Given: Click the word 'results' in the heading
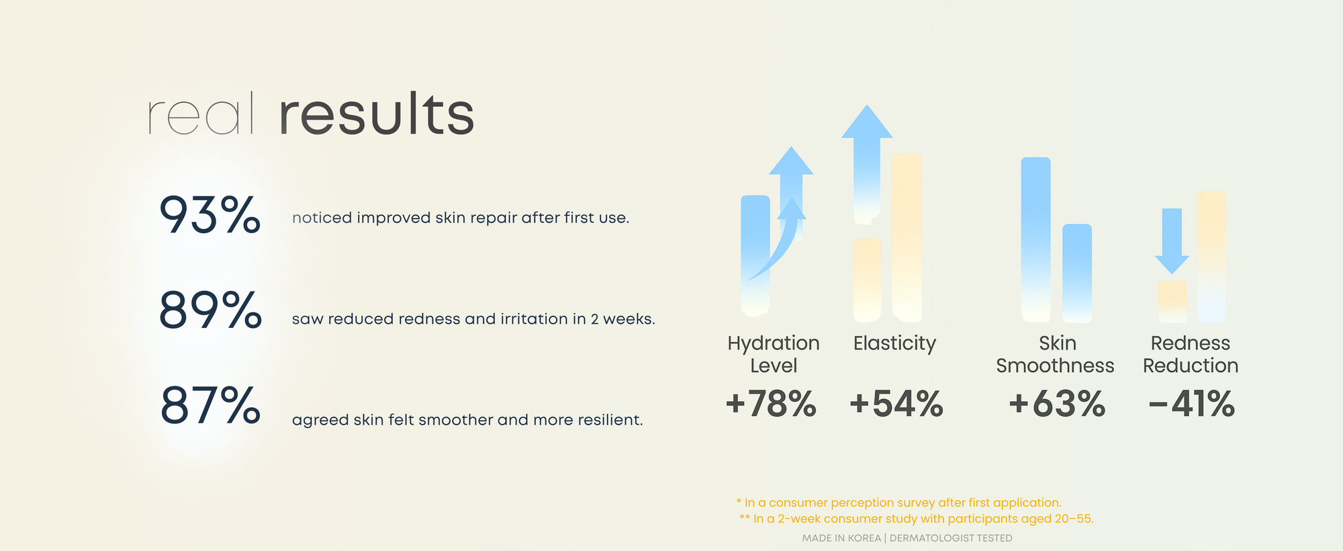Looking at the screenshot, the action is (377, 114).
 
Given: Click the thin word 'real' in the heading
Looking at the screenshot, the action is (201, 113).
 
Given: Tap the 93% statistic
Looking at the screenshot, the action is (210, 215).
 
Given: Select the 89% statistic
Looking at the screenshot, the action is (210, 310).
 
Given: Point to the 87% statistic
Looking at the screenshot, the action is (210, 405).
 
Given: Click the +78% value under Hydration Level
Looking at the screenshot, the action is (771, 404).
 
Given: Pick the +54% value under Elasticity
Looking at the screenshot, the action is (896, 404).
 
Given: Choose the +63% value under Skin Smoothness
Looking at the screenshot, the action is (1057, 404).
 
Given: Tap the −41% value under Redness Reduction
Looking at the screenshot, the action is (1192, 404).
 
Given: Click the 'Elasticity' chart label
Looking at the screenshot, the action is (894, 343).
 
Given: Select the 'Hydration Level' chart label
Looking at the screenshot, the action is (774, 354).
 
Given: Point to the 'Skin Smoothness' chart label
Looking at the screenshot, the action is (1055, 354).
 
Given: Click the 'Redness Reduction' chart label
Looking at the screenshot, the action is (1191, 354).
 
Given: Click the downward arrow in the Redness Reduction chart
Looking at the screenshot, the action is (1172, 241).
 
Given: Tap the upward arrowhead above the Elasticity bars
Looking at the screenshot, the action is (867, 122).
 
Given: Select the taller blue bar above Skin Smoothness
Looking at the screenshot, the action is (1035, 239).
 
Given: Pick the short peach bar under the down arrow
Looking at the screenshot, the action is (1172, 302).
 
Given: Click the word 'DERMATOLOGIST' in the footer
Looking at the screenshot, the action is (931, 538).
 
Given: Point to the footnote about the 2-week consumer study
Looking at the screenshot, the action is (917, 519).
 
